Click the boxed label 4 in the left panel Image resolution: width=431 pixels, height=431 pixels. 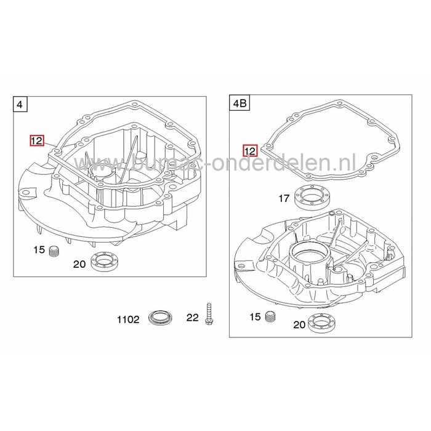click(x=20, y=105)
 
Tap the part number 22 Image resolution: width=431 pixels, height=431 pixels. click(x=193, y=318)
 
